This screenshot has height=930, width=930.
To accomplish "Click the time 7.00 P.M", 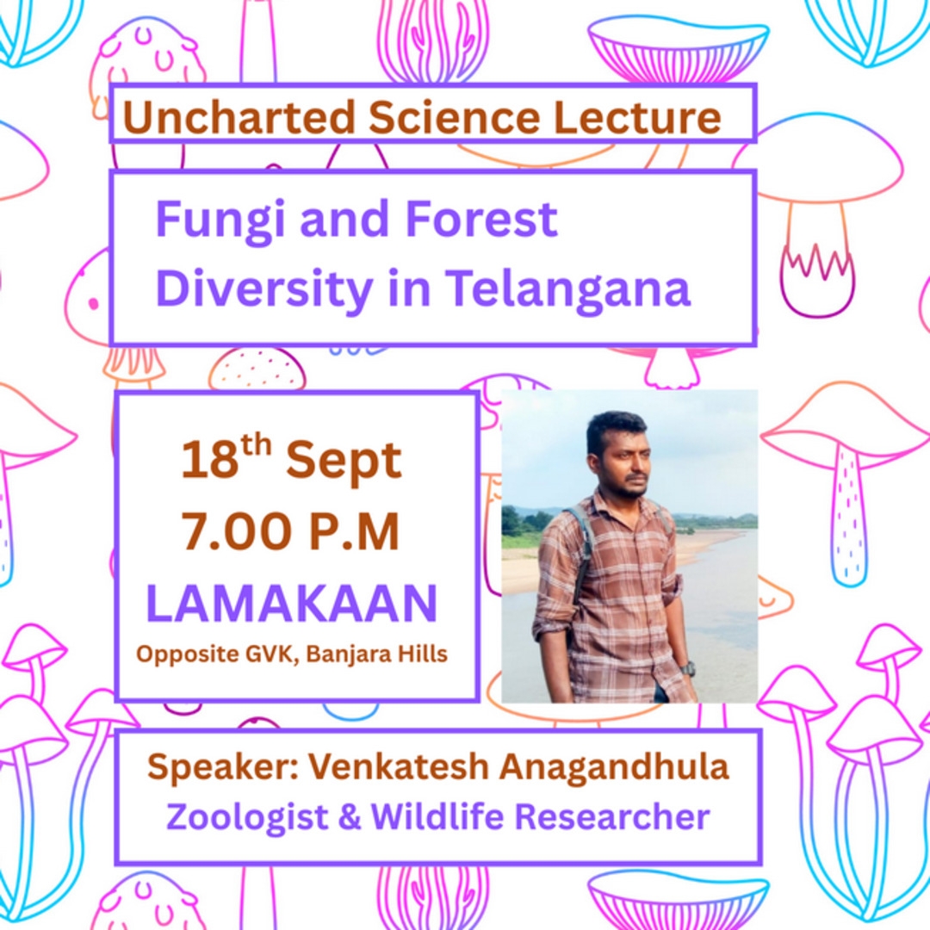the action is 290,532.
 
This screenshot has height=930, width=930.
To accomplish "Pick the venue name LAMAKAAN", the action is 291,603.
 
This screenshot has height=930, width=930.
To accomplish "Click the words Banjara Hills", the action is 376,654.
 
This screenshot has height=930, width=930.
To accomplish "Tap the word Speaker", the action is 223,767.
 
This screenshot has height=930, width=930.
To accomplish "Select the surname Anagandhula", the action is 613,767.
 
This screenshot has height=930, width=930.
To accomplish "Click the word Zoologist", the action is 247,817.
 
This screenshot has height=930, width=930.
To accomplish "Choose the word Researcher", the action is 612,816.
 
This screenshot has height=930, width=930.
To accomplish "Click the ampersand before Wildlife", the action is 350,816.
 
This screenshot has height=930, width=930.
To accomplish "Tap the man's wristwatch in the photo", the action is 687,670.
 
